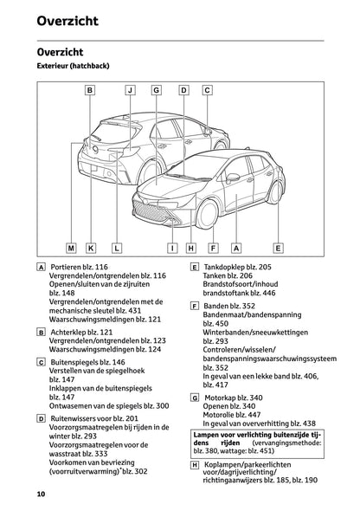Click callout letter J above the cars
pos(130,89)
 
